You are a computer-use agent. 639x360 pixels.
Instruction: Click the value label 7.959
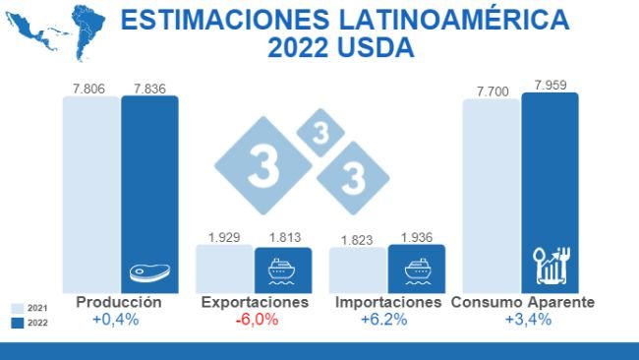[551, 85]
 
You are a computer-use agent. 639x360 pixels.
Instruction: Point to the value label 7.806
[90, 88]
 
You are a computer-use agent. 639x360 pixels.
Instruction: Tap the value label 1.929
[224, 237]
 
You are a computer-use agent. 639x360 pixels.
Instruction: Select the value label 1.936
[417, 237]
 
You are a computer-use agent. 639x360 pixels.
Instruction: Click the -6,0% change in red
[255, 320]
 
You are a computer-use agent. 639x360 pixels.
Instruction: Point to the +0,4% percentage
[118, 320]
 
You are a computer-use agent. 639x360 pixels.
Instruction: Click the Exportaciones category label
[255, 302]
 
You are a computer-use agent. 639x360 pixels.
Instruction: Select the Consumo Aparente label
[522, 302]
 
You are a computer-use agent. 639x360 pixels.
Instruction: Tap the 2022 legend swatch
[16, 323]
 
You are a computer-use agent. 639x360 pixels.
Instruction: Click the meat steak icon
[149, 272]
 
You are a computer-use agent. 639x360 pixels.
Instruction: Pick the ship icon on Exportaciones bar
[282, 270]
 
